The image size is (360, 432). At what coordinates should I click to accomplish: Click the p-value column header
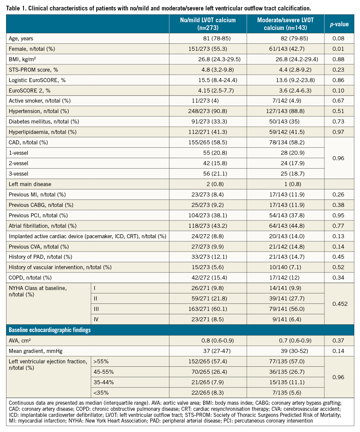coord(339,24)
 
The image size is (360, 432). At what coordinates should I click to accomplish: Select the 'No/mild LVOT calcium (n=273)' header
coord(208,24)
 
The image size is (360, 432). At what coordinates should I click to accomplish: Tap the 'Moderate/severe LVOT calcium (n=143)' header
coord(285,24)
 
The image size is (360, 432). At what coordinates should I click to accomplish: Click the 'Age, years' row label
coord(21,38)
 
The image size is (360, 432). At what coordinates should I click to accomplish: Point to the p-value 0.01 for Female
coord(338,49)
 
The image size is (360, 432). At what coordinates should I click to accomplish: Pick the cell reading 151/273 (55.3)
coord(208,49)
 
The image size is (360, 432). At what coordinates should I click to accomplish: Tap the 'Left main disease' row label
coord(30,184)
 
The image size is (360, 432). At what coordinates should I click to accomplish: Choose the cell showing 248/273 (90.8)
coord(208,111)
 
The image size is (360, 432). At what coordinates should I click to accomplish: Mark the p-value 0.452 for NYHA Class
coord(340,304)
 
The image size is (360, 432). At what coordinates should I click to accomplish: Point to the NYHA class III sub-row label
coord(96,309)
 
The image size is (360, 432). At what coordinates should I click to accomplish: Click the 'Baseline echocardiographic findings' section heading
coord(50,330)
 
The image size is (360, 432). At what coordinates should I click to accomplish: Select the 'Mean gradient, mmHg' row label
coord(36,351)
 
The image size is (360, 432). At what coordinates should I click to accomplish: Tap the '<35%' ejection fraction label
coord(101,393)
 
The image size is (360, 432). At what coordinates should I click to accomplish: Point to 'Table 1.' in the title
coord(16,8)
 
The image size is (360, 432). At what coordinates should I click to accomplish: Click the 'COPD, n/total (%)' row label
coord(30,278)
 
